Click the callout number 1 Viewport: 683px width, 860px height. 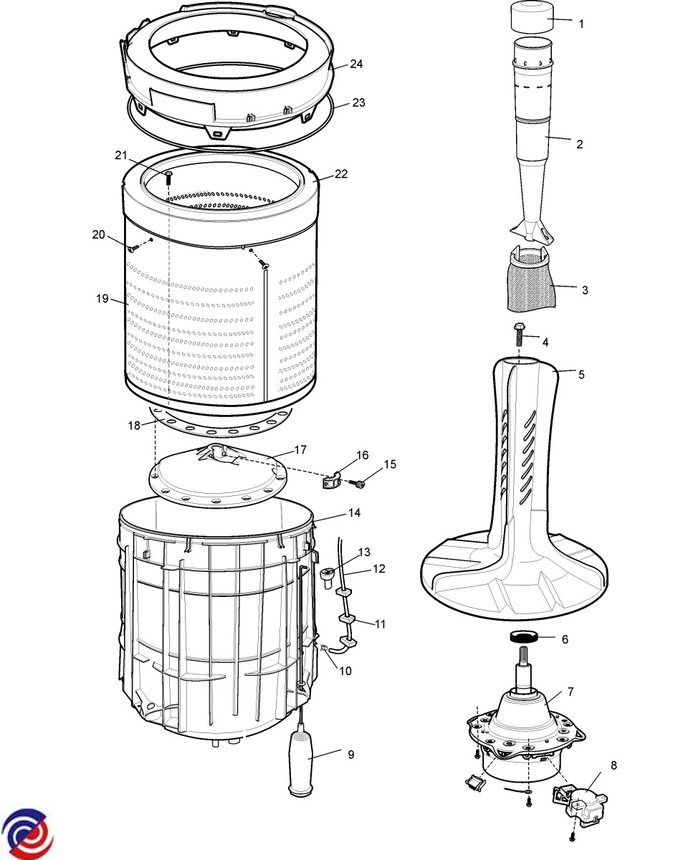pos(581,24)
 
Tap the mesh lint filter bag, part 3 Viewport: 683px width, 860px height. pos(532,285)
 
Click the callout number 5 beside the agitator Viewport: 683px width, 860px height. pos(581,375)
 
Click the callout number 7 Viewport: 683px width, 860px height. pos(570,692)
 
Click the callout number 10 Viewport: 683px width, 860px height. pos(345,671)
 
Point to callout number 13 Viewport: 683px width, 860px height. pos(364,552)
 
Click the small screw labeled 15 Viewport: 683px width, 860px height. pos(358,485)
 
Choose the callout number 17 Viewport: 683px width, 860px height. pos(300,450)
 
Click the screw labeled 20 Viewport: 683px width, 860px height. pos(134,249)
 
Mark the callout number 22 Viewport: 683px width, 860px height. pos(341,174)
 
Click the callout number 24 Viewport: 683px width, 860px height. pos(356,64)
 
